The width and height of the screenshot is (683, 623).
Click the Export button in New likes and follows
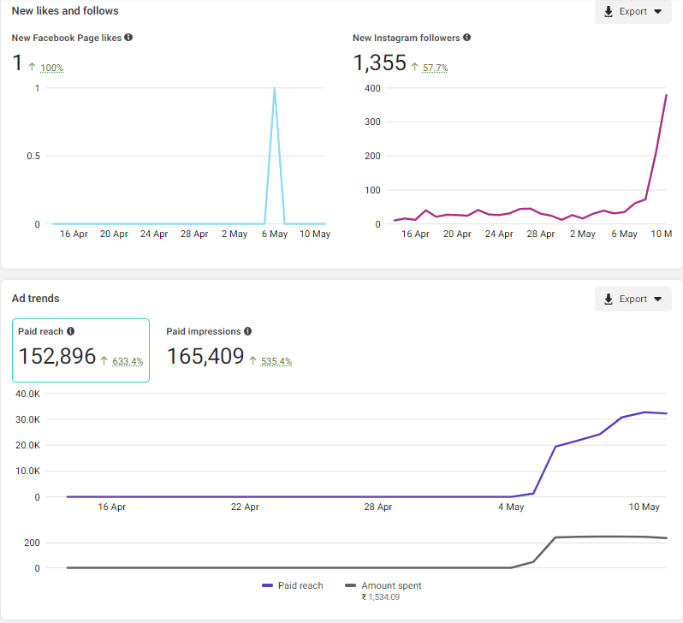coord(633,12)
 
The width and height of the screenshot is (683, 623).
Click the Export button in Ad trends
coord(633,299)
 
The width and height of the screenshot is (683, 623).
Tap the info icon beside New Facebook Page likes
coord(128,38)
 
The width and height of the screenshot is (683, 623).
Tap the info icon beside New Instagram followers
coord(466,38)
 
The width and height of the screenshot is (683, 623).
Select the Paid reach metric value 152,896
coord(56,357)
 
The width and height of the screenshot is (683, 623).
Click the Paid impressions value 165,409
coord(205,357)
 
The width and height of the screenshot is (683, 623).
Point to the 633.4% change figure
coord(128,361)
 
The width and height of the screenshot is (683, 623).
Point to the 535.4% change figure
coord(276,361)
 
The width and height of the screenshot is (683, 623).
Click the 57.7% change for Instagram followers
coord(435,68)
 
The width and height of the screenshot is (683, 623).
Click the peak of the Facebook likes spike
coord(274,88)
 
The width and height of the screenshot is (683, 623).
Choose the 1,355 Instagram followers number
coord(379,63)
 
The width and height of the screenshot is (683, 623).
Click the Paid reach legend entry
coord(292,585)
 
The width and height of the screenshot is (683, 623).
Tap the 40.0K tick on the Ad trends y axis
coord(26,394)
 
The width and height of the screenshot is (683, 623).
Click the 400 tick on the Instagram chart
coord(371,87)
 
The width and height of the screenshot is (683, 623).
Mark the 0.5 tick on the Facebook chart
coord(33,156)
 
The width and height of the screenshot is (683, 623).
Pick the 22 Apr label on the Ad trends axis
coord(245,507)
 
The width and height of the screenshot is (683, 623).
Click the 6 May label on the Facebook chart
coord(275,234)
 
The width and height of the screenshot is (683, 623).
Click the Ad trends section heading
coord(35,298)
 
